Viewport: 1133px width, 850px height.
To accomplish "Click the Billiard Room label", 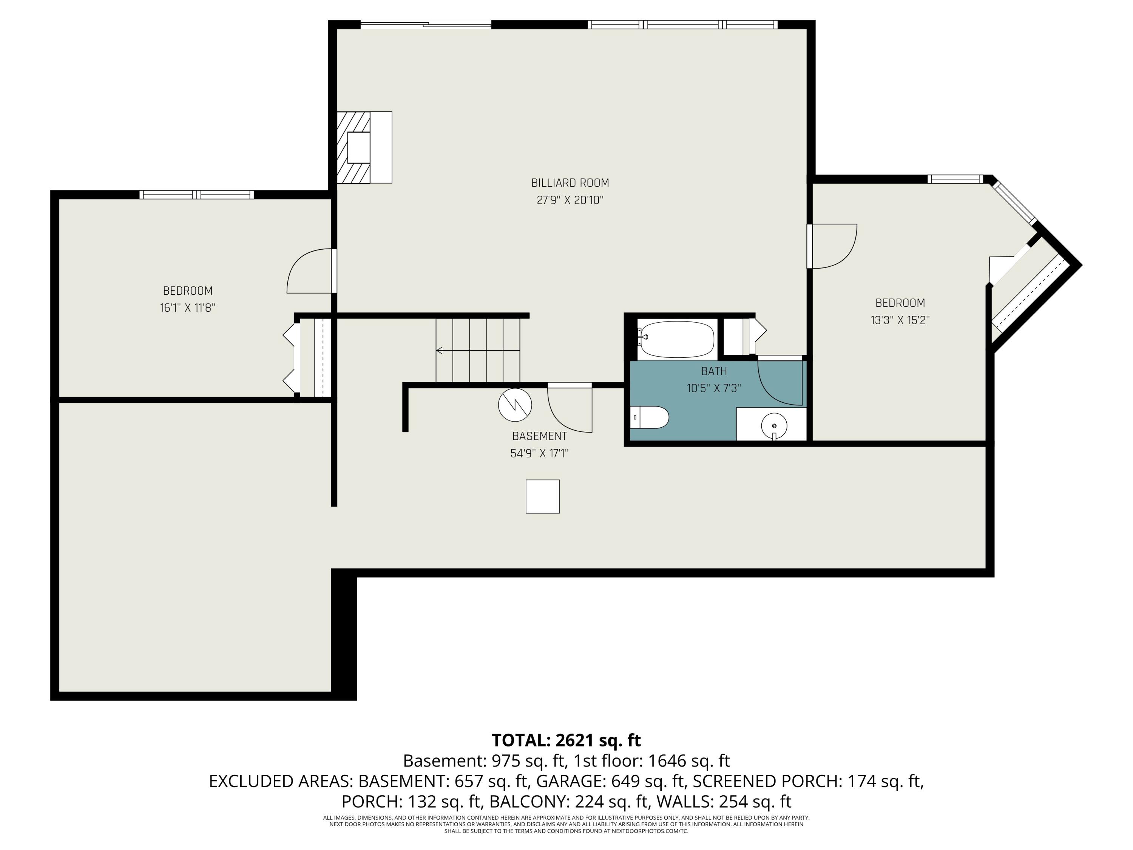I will [570, 183].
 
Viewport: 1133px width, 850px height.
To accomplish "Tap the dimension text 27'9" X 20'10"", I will [570, 200].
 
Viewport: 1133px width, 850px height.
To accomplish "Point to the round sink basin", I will [774, 425].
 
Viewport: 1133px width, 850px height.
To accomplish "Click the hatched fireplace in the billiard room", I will [353, 148].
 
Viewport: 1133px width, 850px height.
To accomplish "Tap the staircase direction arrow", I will [440, 351].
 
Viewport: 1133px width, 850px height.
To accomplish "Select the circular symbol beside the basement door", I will [515, 405].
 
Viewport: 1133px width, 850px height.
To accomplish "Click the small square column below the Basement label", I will [542, 496].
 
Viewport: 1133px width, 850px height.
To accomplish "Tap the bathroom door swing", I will [778, 383].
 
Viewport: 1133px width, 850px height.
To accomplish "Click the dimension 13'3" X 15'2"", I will [900, 320].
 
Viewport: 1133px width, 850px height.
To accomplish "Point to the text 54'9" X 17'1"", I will [539, 453].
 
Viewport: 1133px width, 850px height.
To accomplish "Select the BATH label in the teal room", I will [713, 371].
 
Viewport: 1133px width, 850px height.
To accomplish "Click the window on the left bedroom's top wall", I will [197, 195].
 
